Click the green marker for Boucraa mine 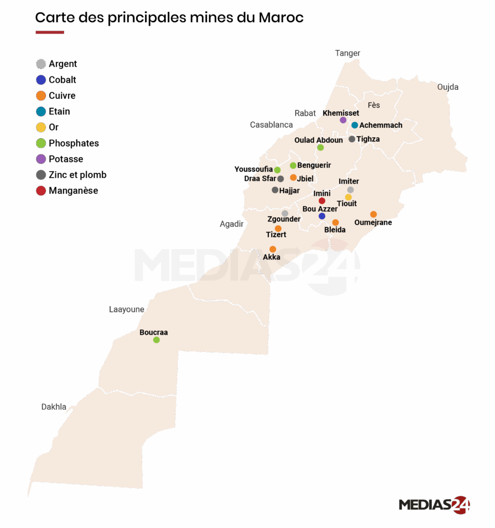[156, 340]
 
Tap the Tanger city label [347, 53]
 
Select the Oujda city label [448, 87]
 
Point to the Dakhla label [54, 407]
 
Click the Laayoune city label [126, 309]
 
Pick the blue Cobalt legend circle [41, 80]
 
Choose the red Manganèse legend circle [41, 191]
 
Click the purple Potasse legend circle [41, 159]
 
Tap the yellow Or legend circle [41, 127]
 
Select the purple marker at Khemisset [343, 120]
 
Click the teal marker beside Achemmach [355, 125]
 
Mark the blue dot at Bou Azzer [322, 216]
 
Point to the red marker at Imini [322, 201]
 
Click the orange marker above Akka [273, 249]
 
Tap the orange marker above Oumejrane [373, 214]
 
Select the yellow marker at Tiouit [348, 197]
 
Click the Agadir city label [231, 224]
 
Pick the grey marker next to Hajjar [275, 190]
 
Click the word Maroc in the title [281, 18]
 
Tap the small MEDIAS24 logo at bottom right [434, 504]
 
